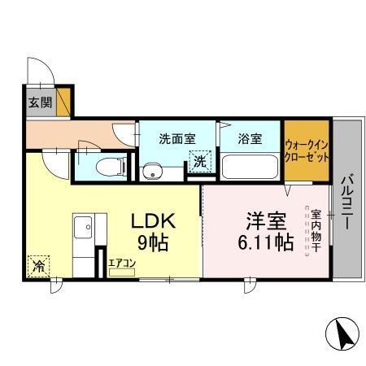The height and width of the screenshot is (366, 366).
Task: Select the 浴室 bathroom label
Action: [250, 137]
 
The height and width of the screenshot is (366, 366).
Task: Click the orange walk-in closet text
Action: [307, 151]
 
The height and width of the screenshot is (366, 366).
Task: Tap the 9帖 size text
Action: [154, 242]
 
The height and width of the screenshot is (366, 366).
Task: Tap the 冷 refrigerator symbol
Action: [38, 264]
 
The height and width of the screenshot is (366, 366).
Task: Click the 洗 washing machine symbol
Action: [199, 161]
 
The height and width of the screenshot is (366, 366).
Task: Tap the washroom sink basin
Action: [150, 172]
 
